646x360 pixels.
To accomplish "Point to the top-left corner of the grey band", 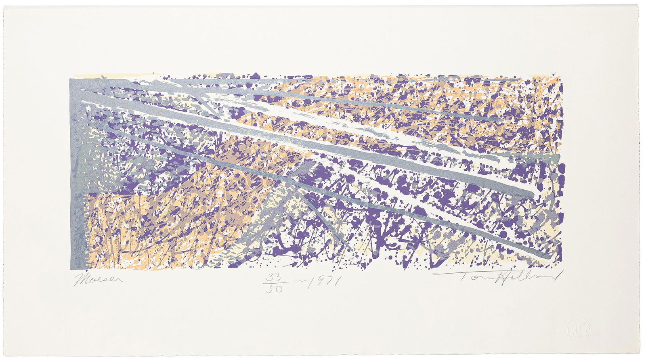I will pyautogui.click(x=70, y=79).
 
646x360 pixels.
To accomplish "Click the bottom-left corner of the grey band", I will pyautogui.click(x=70, y=269).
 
